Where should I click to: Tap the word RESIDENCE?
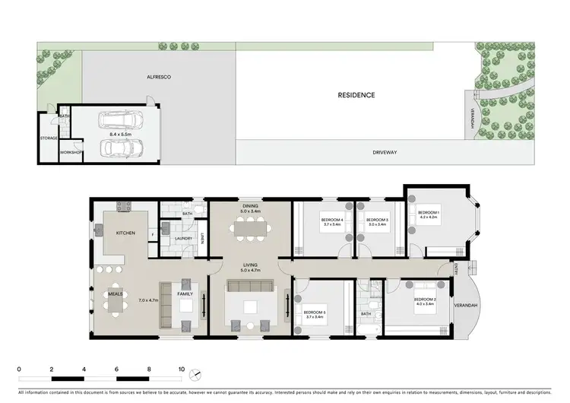356,95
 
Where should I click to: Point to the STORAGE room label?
49,138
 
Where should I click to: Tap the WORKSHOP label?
71,153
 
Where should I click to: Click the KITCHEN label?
125,233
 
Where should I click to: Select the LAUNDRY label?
183,239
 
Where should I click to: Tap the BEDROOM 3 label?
377,221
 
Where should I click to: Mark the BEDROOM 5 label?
315,313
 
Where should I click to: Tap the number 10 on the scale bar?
181,370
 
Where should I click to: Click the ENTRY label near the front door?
454,269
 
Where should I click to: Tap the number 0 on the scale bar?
18,370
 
